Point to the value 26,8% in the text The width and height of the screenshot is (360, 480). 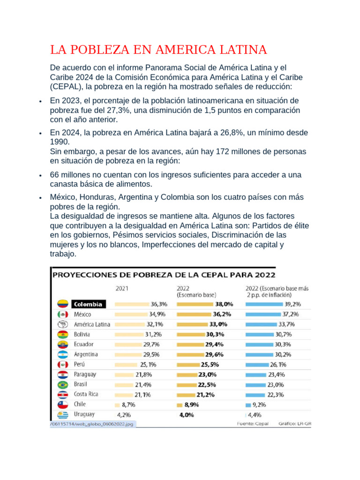point(230,133)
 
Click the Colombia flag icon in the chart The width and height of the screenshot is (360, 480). point(63,304)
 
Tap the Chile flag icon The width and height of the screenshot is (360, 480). point(63,404)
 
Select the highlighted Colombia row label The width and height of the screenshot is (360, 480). point(89,304)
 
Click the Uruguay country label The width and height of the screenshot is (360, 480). point(84,414)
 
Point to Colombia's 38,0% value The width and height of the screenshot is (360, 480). point(223,304)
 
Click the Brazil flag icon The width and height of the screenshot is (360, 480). point(63,384)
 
